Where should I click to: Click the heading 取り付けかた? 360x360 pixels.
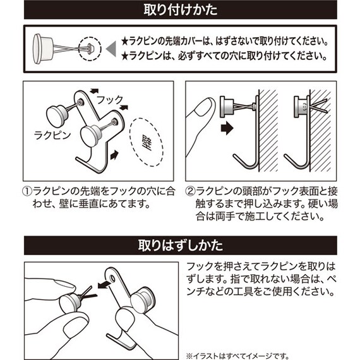point(180,11)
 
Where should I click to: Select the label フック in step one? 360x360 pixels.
point(111,100)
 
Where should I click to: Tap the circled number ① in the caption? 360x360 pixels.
point(28,191)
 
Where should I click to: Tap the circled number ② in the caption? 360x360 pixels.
point(190,191)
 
